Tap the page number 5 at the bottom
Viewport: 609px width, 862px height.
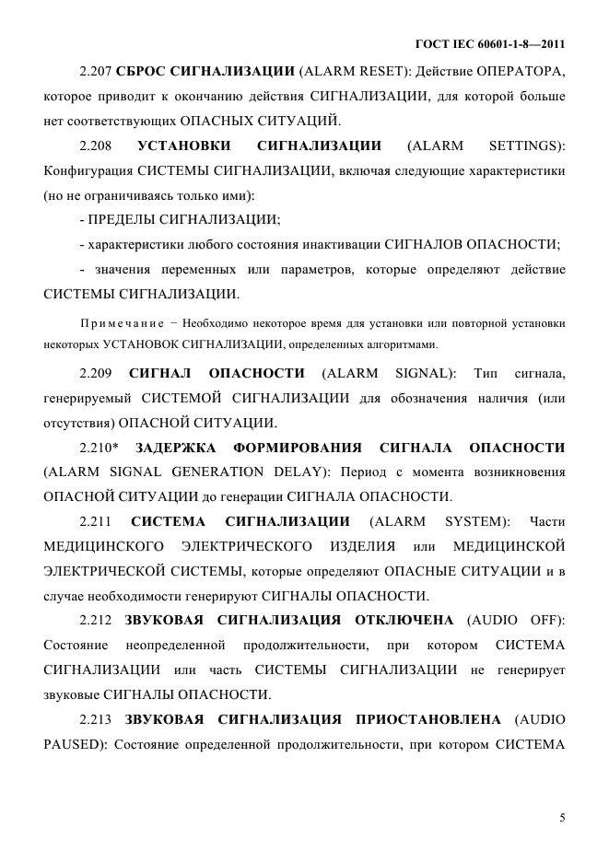pyautogui.click(x=562, y=816)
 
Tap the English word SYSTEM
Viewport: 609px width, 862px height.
pyautogui.click(x=477, y=521)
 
